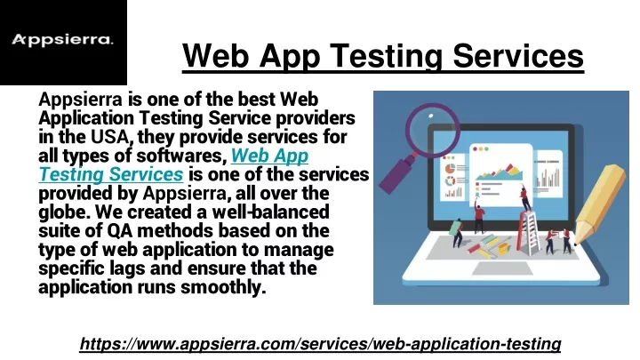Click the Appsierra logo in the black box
click(62, 40)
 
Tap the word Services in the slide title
click(518, 56)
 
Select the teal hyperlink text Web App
click(269, 156)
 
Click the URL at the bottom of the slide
click(320, 344)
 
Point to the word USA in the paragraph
click(110, 137)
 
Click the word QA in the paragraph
click(120, 230)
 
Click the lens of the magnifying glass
click(432, 130)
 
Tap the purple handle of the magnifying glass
click(396, 174)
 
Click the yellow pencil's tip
click(576, 244)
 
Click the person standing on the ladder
click(525, 197)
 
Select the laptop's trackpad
click(501, 268)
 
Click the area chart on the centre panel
click(499, 172)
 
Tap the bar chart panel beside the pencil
click(548, 172)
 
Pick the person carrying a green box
click(457, 233)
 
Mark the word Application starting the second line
click(86, 118)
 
